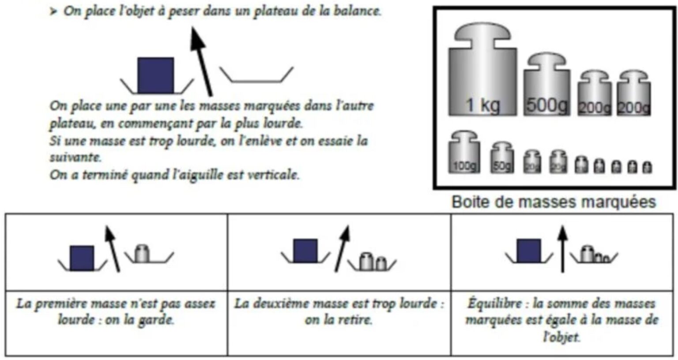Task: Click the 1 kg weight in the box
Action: [x=482, y=75]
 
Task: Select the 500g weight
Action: [x=546, y=88]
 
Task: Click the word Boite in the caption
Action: [x=469, y=202]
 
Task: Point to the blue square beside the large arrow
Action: [x=155, y=75]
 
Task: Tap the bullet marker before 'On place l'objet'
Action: [x=53, y=12]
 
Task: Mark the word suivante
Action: [x=75, y=157]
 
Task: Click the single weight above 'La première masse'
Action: [x=142, y=254]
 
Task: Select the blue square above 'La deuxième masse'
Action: [x=305, y=251]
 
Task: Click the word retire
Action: [x=357, y=320]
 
